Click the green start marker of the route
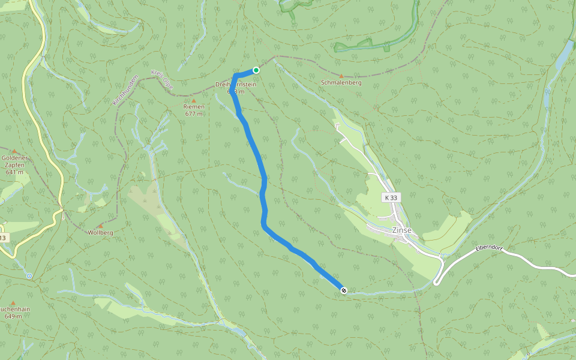click(x=256, y=70)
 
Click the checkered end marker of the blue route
click(x=344, y=290)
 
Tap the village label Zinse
click(x=401, y=230)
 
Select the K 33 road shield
click(x=391, y=197)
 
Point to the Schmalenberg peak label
click(x=341, y=83)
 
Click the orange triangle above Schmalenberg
click(x=341, y=76)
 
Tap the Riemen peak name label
click(x=194, y=107)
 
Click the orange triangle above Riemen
click(x=194, y=100)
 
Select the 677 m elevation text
click(x=194, y=114)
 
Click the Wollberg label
click(x=100, y=232)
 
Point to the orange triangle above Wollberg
click(x=100, y=226)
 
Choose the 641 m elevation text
click(x=14, y=172)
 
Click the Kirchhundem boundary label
click(x=126, y=91)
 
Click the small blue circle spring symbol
click(x=29, y=276)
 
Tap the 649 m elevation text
click(x=13, y=316)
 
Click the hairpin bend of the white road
click(x=437, y=281)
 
